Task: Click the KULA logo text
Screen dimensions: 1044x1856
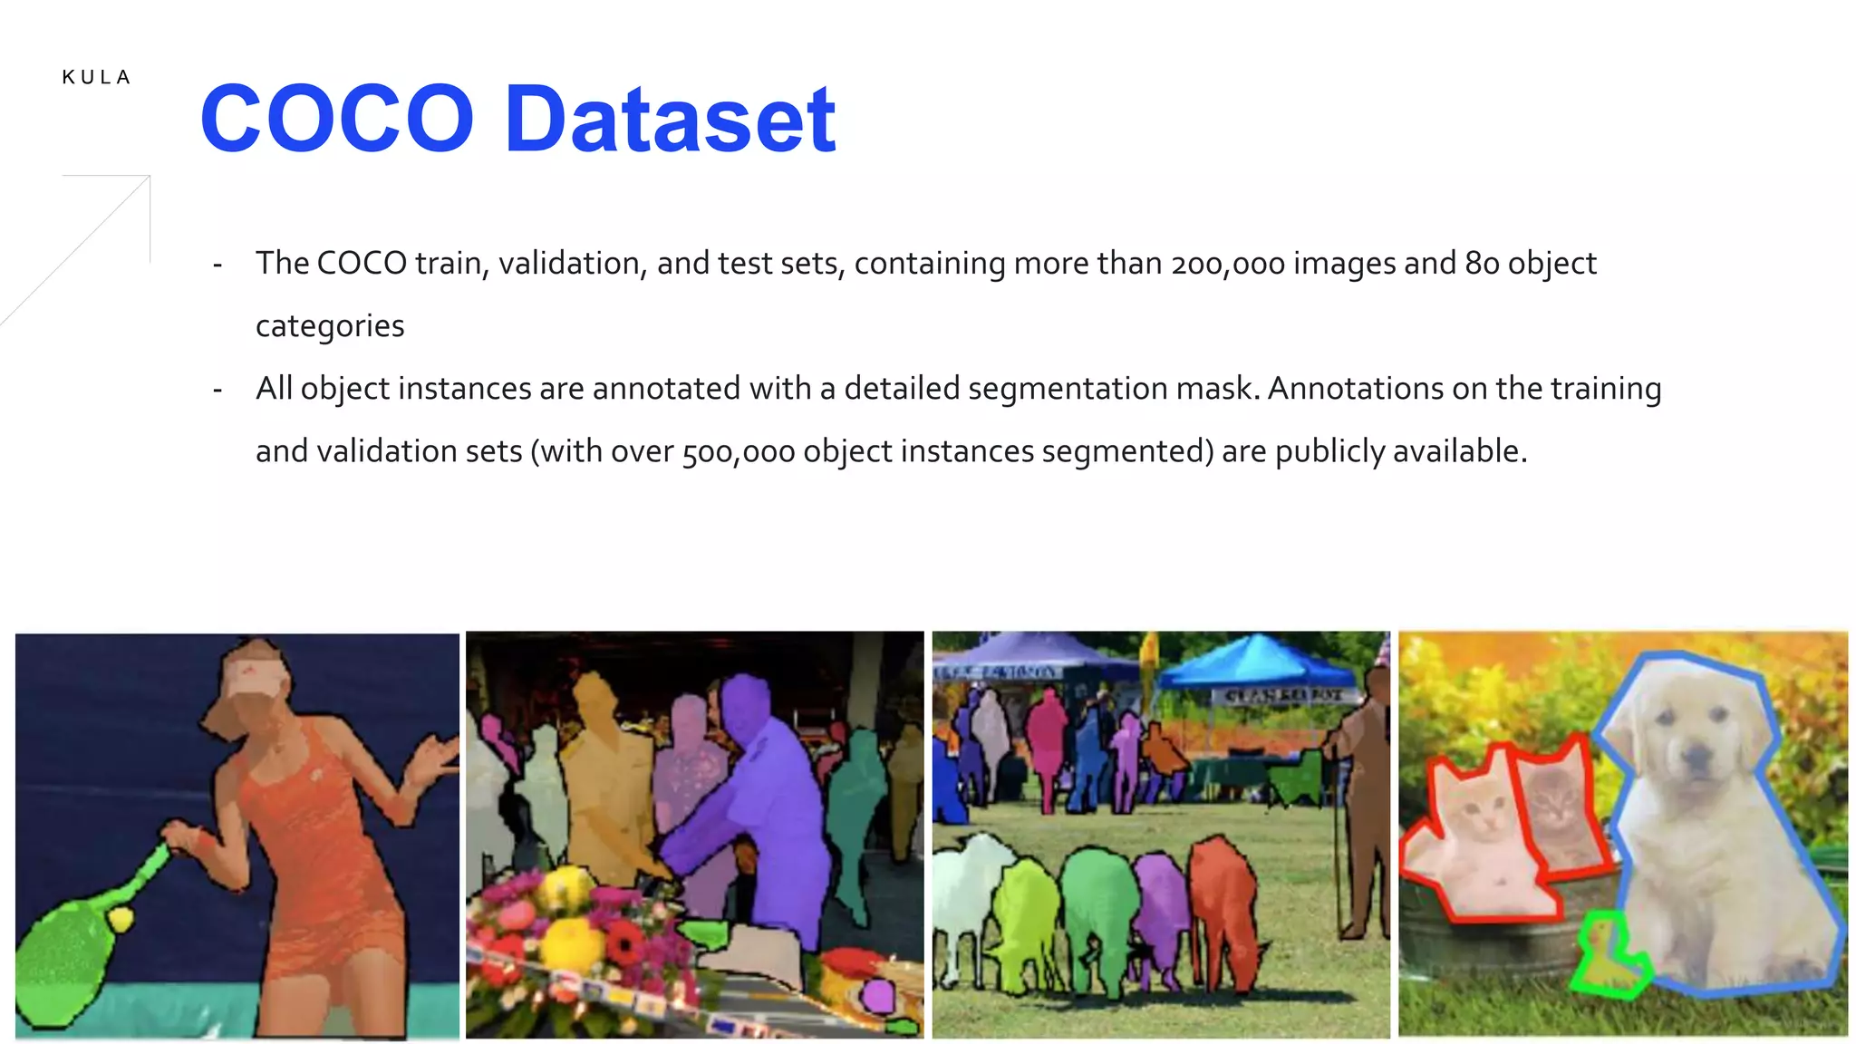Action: [96, 78]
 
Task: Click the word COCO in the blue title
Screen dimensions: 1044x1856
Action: [337, 119]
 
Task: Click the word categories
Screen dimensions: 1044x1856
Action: [330, 326]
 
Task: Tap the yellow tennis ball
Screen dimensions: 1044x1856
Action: [121, 920]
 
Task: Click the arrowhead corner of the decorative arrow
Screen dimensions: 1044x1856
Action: [149, 177]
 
